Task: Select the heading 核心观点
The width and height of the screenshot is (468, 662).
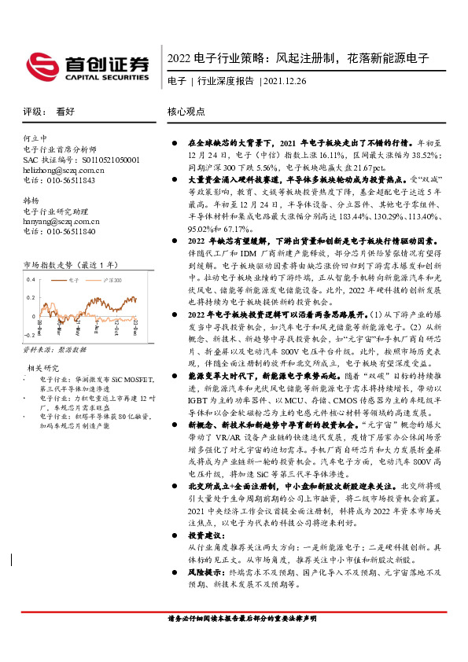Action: tap(186, 112)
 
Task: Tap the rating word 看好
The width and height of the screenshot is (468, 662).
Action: tap(64, 112)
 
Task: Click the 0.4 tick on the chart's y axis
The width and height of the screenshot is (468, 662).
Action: tap(31, 280)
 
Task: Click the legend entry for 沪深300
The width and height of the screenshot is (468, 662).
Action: tap(111, 280)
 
